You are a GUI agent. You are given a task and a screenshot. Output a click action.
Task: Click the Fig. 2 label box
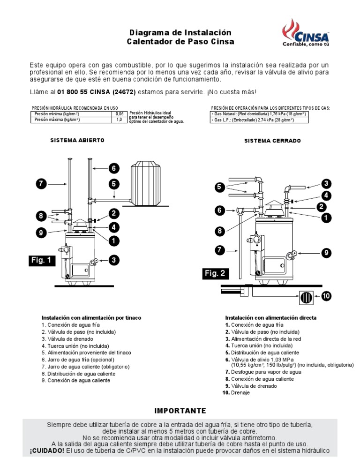point(216,273)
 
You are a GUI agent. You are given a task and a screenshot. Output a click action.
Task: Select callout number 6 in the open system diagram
point(113,168)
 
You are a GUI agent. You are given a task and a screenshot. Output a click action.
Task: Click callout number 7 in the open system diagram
point(42,184)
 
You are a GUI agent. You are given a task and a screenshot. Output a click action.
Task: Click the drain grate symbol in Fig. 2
point(306,297)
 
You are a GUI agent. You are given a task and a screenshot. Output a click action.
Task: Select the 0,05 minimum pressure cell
point(120,114)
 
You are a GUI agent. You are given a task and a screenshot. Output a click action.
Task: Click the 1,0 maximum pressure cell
point(120,120)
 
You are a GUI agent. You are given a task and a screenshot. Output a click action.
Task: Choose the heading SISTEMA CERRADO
point(272,141)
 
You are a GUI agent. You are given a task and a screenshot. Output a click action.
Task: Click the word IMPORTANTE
point(180,411)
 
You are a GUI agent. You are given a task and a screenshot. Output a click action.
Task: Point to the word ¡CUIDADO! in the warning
point(46,451)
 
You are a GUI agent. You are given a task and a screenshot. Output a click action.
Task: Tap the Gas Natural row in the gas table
point(259,114)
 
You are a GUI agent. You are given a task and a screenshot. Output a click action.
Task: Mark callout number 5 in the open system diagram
point(113,184)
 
